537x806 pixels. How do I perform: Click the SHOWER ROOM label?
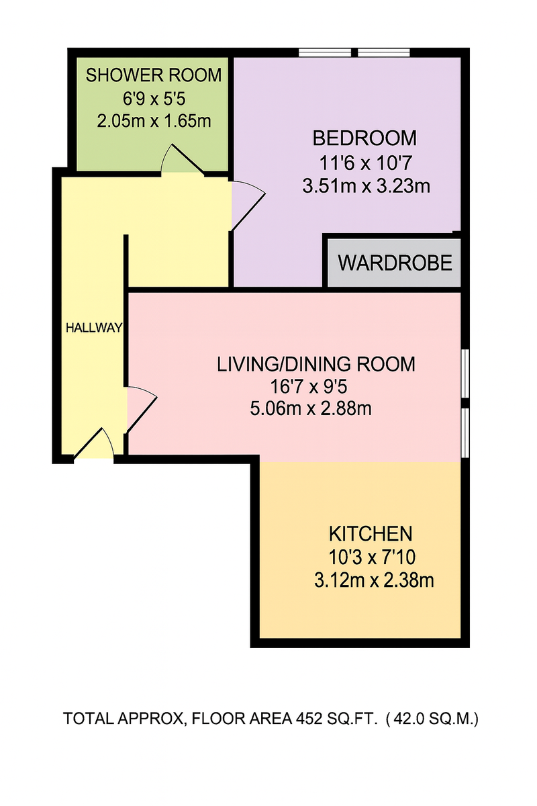tap(154, 75)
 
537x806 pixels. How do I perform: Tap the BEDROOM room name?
tap(364, 138)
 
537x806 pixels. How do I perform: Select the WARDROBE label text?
tap(394, 263)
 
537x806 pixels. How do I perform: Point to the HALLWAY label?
tap(94, 328)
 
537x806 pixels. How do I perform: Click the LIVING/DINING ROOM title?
tap(315, 365)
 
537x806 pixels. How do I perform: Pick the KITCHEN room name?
tap(369, 535)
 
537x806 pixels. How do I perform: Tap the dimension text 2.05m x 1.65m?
tap(154, 122)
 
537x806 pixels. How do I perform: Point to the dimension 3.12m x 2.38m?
tap(373, 580)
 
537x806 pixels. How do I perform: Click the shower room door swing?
tap(177, 159)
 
